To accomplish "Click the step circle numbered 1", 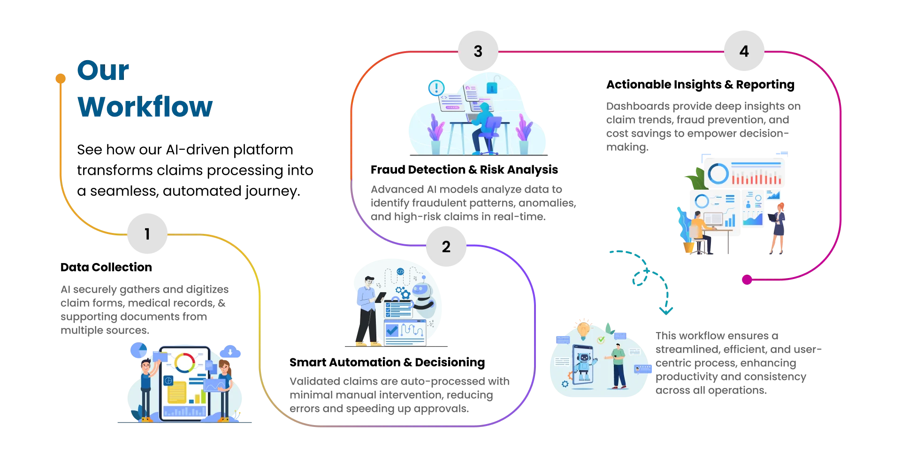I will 147,233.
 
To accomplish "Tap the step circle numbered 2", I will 446,247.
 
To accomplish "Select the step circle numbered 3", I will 478,51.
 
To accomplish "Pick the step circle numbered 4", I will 744,51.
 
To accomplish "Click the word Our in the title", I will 103,71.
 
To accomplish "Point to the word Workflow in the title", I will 145,107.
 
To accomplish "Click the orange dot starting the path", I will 61,77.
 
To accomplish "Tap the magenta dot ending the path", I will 747,280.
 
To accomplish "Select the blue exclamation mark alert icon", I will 436,87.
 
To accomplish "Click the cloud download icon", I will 230,352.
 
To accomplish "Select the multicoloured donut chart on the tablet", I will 184,363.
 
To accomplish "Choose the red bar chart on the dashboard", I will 756,179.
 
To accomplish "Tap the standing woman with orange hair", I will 778,228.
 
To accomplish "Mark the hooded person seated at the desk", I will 483,124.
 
